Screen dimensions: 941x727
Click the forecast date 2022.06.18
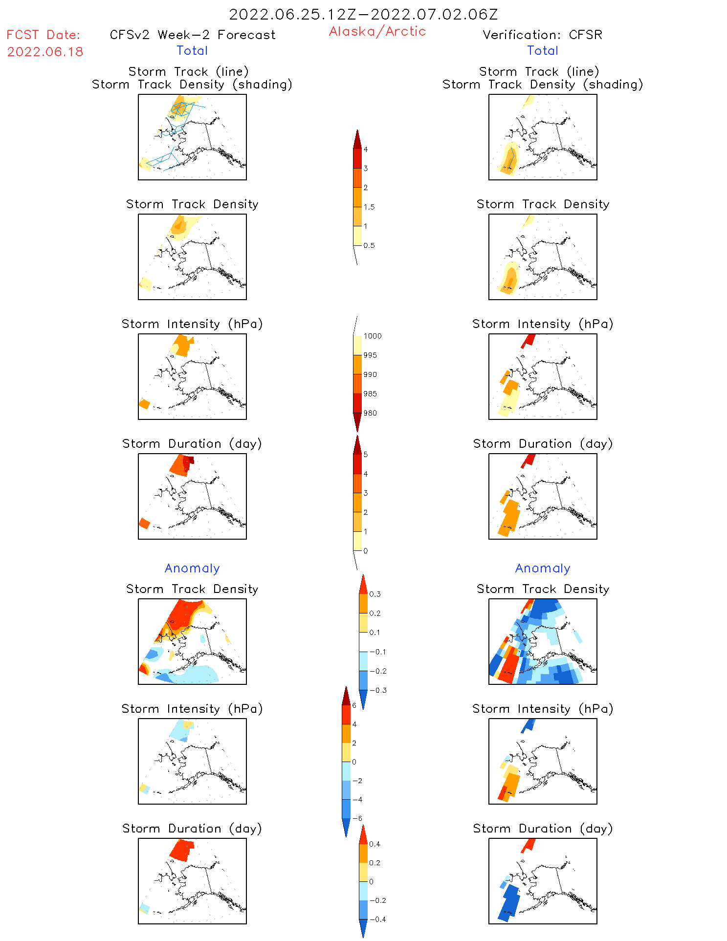45,52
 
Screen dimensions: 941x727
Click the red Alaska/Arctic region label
377,31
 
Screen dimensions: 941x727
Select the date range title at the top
363,14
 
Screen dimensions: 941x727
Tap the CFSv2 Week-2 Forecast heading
193,35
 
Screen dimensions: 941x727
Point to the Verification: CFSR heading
542,35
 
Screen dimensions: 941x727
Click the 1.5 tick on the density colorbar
369,207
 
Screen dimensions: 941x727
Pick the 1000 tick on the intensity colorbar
372,336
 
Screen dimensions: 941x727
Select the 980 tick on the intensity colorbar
370,413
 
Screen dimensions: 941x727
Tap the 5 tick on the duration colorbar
365,455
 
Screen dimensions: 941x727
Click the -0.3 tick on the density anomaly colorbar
378,690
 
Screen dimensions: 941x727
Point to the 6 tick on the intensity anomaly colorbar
354,705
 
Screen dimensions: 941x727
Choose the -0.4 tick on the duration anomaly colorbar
377,919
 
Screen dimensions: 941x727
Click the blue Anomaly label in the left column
192,568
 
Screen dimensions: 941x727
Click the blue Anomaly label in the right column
543,568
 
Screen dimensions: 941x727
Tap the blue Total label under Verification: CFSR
543,50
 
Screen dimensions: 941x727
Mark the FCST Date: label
43,35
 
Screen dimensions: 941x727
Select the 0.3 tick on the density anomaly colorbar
375,594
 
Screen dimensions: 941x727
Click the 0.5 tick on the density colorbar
369,245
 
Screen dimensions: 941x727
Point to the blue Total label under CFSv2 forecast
192,50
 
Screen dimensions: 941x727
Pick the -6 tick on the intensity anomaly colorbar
357,818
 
